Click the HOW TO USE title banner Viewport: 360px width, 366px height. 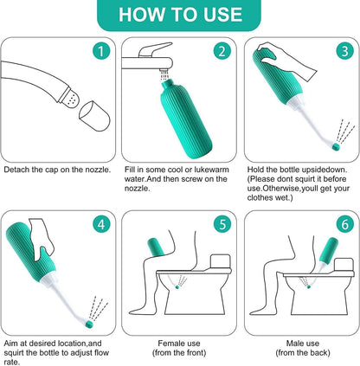179,15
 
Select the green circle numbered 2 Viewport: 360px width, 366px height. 222,50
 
